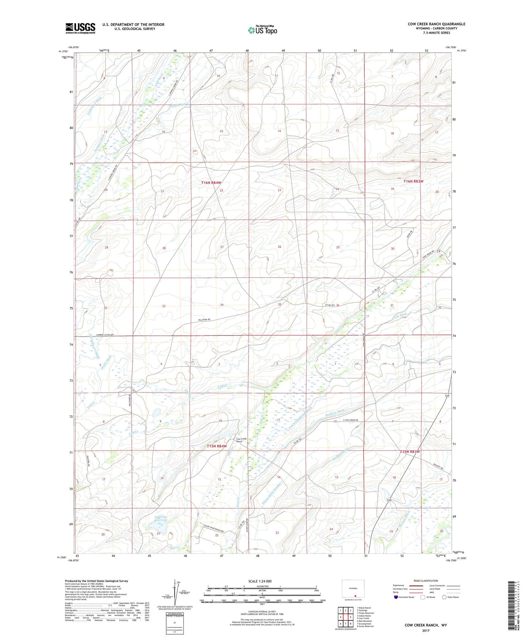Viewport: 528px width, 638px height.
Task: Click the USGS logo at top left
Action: coord(80,28)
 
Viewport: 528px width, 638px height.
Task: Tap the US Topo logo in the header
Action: coord(262,30)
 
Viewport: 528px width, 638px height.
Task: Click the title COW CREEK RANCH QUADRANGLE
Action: coord(436,24)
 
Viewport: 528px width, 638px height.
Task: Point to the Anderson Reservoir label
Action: coord(160,519)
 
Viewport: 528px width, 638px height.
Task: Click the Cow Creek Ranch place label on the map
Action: coord(242,440)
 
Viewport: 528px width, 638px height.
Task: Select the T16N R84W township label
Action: coord(211,182)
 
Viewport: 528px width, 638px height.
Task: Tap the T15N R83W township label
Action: coord(410,452)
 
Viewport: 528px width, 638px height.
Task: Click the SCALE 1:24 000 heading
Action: coord(260,581)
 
